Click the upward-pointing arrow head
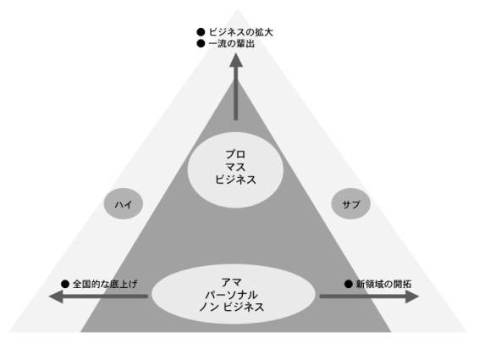pyautogui.click(x=236, y=60)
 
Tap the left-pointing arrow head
pyautogui.click(x=56, y=296)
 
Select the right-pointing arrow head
pyautogui.click(x=412, y=296)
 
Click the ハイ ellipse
pyautogui.click(x=124, y=203)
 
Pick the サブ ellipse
pyautogui.click(x=351, y=203)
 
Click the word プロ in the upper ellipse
pyautogui.click(x=235, y=154)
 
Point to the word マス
pyautogui.click(x=235, y=167)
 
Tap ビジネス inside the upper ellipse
pyautogui.click(x=235, y=180)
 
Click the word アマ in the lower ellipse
pyautogui.click(x=231, y=282)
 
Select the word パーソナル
pyautogui.click(x=231, y=295)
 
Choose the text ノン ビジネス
pyautogui.click(x=231, y=307)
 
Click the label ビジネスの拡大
pyautogui.click(x=240, y=32)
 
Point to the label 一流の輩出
pyautogui.click(x=232, y=44)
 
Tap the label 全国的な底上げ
pyautogui.click(x=106, y=284)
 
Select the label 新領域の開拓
pyautogui.click(x=383, y=284)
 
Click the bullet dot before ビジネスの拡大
pyautogui.click(x=201, y=32)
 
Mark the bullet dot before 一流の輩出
pyautogui.click(x=201, y=44)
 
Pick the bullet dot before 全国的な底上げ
pyautogui.click(x=65, y=284)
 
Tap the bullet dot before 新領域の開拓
pyautogui.click(x=349, y=284)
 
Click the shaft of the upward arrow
pyautogui.click(x=236, y=93)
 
